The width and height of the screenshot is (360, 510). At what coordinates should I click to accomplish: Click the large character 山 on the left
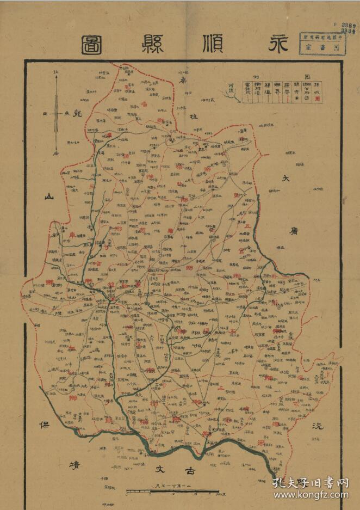coord(51,198)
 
